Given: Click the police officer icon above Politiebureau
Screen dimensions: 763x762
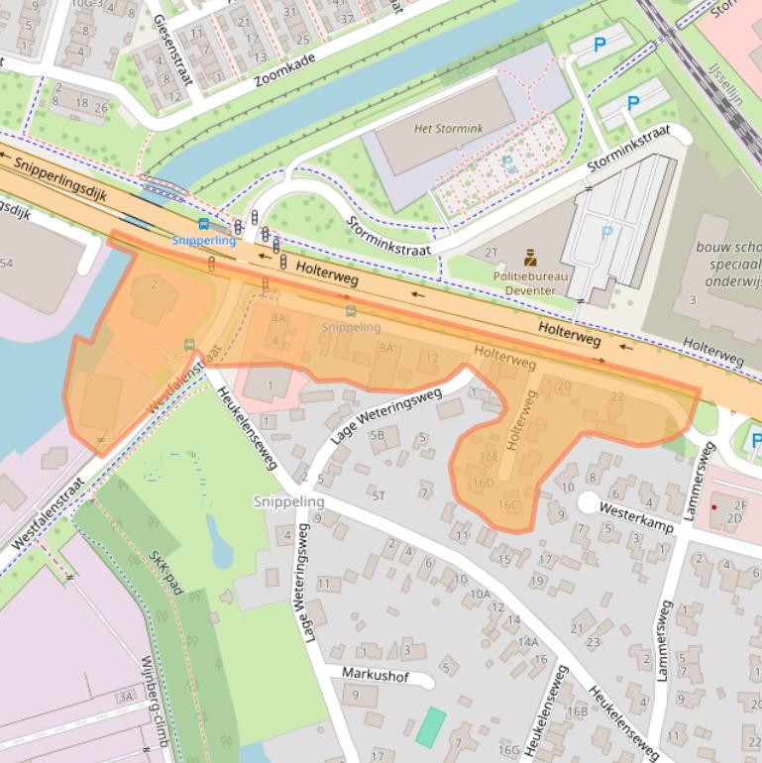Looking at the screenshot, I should (x=530, y=257).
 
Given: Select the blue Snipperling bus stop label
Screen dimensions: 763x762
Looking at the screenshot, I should (x=203, y=241).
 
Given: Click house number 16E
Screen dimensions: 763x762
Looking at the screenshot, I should (x=490, y=456).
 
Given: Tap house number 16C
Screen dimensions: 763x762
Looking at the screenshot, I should (x=508, y=504).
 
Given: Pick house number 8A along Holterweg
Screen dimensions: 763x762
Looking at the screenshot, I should (x=385, y=348).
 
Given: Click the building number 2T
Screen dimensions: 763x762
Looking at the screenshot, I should (x=491, y=254).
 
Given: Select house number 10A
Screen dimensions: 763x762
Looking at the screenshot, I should (x=480, y=594).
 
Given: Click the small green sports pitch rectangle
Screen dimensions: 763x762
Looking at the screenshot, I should (x=430, y=726).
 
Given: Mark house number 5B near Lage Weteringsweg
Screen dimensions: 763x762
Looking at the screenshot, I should (x=377, y=434).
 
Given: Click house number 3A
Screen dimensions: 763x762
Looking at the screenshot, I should (x=125, y=698).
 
